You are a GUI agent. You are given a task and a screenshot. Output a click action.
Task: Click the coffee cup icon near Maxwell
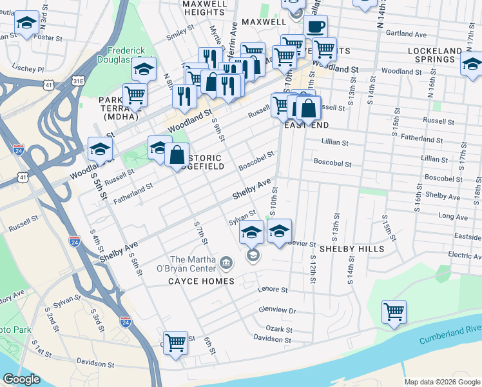coord(315,27)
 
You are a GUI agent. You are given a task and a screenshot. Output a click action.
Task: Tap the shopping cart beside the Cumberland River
coord(394,312)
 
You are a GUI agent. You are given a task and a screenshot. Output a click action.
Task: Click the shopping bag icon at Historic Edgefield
coord(177,155)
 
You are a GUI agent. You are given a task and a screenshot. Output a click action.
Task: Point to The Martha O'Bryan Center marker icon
coord(226,261)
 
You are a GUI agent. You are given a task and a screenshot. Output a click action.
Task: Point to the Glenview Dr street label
coord(276,310)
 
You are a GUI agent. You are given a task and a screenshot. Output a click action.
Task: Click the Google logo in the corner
coord(21,379)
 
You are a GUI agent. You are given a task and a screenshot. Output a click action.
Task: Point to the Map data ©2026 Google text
coord(441,382)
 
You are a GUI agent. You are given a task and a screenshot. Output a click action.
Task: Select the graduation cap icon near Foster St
coord(26,23)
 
